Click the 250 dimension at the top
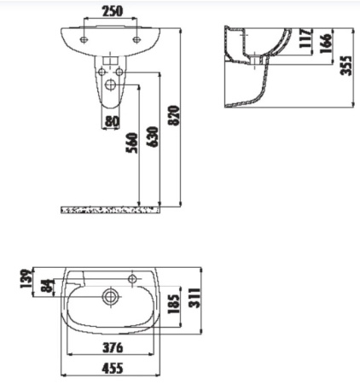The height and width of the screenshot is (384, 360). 111,11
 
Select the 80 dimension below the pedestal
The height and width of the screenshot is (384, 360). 111,121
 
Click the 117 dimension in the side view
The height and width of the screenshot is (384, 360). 305,41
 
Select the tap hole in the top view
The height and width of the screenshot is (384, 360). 135,277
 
